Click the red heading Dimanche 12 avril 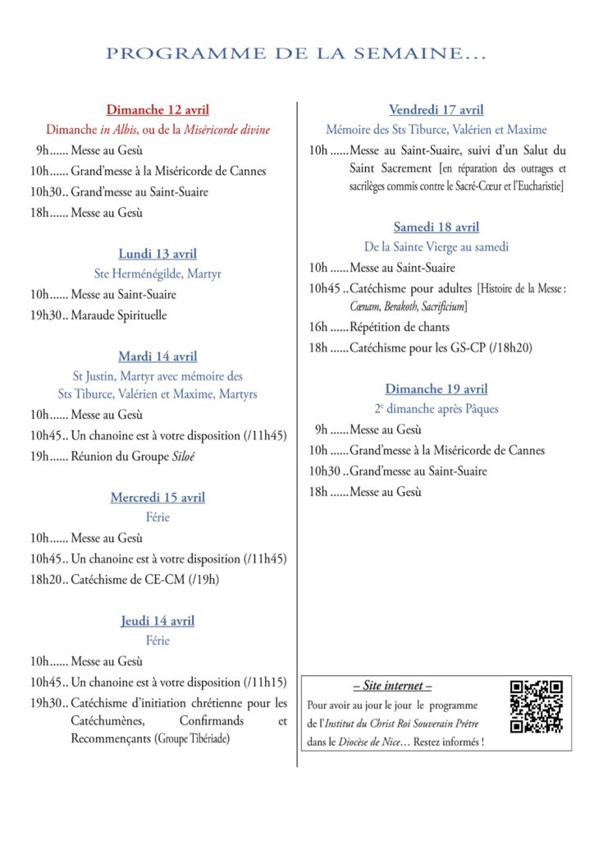pos(158,109)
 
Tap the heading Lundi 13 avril pos(158,254)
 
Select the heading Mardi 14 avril pos(158,356)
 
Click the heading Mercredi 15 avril pos(158,498)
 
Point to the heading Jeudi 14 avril pos(158,621)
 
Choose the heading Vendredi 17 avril pos(436,109)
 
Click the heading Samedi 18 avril pos(436,227)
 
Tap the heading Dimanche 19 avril pos(436,388)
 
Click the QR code pos(536,706)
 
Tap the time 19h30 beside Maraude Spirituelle pos(45,315)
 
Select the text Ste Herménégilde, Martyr pos(158,273)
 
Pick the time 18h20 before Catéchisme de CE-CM pos(45,580)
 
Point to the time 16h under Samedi pos(318,327)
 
